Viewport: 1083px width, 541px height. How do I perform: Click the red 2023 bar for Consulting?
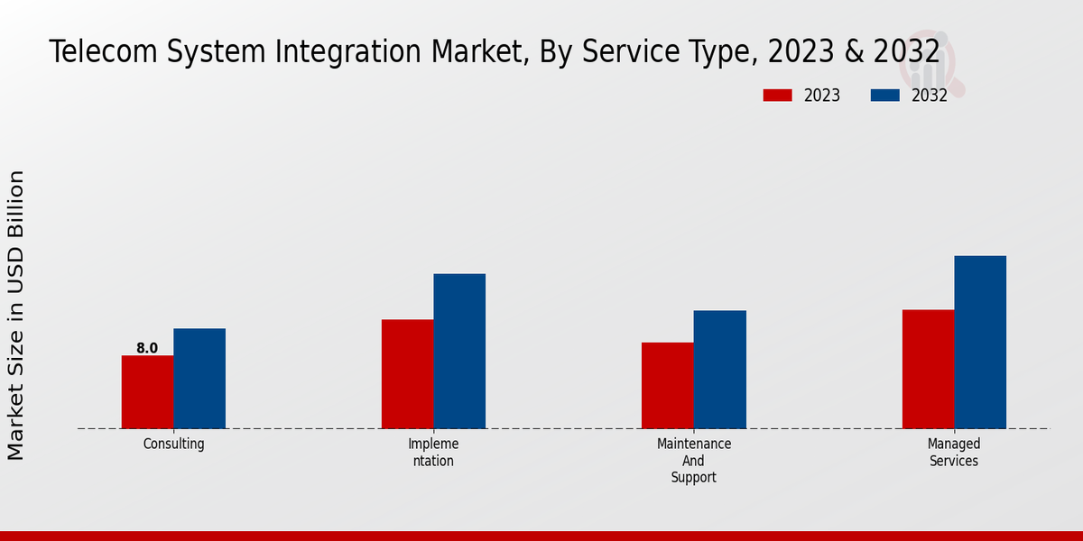click(x=147, y=392)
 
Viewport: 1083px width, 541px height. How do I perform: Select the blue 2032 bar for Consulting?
click(x=199, y=379)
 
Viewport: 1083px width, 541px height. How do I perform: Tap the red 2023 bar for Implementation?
click(x=407, y=374)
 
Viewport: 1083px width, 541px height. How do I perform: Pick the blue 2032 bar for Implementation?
click(x=459, y=352)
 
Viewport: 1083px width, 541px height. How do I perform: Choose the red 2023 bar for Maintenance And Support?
click(x=668, y=386)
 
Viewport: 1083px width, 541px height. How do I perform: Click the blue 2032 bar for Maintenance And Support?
click(x=720, y=370)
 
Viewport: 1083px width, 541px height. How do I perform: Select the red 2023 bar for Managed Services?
click(x=928, y=370)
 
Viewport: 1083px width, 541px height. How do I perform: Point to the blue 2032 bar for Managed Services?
click(x=980, y=343)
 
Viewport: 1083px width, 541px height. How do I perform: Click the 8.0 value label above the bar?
click(x=147, y=348)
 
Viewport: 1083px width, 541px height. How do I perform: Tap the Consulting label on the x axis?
click(x=174, y=444)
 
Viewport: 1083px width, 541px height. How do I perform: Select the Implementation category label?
click(x=433, y=453)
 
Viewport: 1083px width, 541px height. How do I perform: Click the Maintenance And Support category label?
click(x=694, y=461)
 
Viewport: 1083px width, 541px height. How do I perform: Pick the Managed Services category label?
click(x=954, y=453)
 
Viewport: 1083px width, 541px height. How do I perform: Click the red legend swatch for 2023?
click(x=777, y=96)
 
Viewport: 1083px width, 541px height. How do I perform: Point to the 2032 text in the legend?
click(x=930, y=96)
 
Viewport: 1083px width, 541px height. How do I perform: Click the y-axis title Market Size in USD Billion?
click(x=16, y=316)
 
